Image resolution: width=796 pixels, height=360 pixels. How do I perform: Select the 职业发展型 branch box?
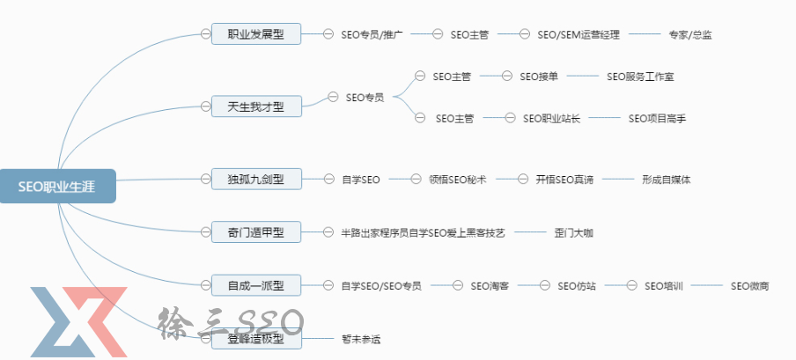click(256, 34)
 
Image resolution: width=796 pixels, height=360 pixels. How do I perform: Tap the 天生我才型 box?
click(256, 107)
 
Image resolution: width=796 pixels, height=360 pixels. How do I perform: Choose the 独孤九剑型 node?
click(256, 179)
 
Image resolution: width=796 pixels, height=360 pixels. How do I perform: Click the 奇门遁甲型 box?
click(256, 232)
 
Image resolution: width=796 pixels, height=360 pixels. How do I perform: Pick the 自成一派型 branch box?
click(256, 285)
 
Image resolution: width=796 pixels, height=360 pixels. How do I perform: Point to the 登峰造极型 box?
click(256, 339)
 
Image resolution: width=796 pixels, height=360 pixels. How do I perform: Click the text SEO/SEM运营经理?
click(579, 35)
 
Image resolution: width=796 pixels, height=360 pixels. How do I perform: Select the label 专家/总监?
click(690, 35)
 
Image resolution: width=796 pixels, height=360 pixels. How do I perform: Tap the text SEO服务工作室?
click(640, 77)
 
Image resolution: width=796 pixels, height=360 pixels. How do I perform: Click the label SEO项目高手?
click(657, 118)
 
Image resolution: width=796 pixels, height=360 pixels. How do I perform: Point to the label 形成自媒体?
click(667, 180)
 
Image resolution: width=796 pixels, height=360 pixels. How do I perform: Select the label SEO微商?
click(750, 286)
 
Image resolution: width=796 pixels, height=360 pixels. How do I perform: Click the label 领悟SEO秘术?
click(458, 180)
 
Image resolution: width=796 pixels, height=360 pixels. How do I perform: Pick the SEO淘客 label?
click(490, 286)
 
